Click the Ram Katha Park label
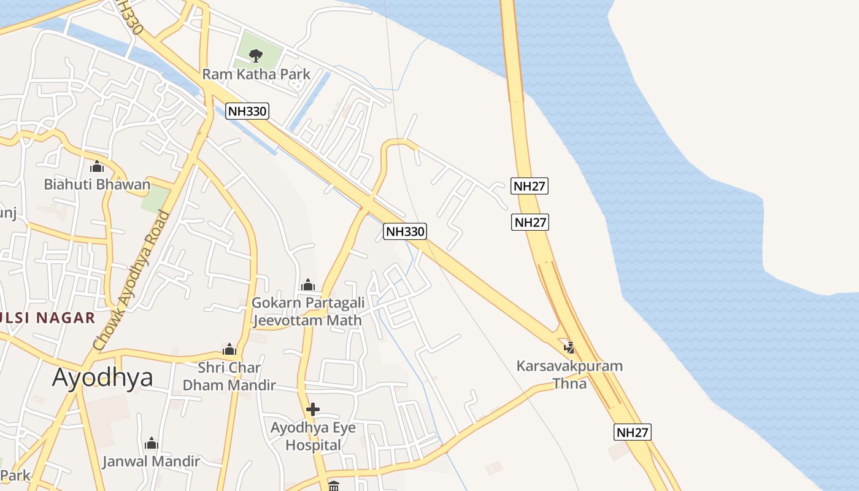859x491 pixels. coord(256,74)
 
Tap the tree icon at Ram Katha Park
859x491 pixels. coord(256,56)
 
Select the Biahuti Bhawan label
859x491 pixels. coord(97,184)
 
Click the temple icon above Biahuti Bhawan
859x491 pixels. coord(97,166)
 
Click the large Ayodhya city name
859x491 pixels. coord(102,377)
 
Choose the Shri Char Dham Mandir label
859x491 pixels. coord(229,376)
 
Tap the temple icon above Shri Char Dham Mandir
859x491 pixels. coord(229,350)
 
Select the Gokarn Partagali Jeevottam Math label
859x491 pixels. coord(308,311)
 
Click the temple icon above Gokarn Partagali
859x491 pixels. coord(308,285)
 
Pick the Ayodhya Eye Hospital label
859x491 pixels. coord(313,436)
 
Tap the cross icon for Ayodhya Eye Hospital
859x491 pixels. coord(313,409)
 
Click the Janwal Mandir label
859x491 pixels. coord(151,461)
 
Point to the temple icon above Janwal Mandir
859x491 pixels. coord(151,443)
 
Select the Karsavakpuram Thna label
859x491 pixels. coord(569,374)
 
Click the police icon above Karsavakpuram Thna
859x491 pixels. coord(569,348)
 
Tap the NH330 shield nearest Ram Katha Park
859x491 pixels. coord(247,111)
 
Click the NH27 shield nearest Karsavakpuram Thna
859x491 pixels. coord(632,432)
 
